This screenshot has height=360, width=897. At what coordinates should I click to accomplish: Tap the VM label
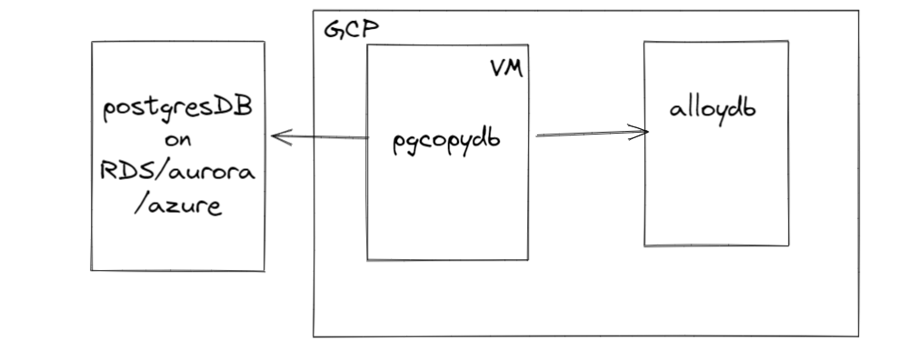click(506, 71)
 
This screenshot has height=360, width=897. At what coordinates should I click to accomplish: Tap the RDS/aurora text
click(178, 173)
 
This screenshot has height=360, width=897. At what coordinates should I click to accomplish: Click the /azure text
click(178, 205)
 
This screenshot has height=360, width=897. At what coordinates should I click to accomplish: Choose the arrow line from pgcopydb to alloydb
click(591, 135)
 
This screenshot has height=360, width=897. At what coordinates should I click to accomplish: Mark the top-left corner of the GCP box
click(314, 12)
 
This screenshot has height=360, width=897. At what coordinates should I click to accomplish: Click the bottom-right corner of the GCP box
click(858, 336)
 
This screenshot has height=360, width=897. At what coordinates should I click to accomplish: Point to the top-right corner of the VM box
click(528, 45)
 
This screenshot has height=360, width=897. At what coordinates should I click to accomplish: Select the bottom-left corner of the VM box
click(367, 260)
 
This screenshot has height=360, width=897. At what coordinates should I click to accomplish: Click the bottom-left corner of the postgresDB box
click(92, 269)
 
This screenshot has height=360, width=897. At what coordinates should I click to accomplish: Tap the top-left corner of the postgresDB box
click(92, 41)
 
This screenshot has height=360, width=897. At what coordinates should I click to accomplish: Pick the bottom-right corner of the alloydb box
click(789, 245)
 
